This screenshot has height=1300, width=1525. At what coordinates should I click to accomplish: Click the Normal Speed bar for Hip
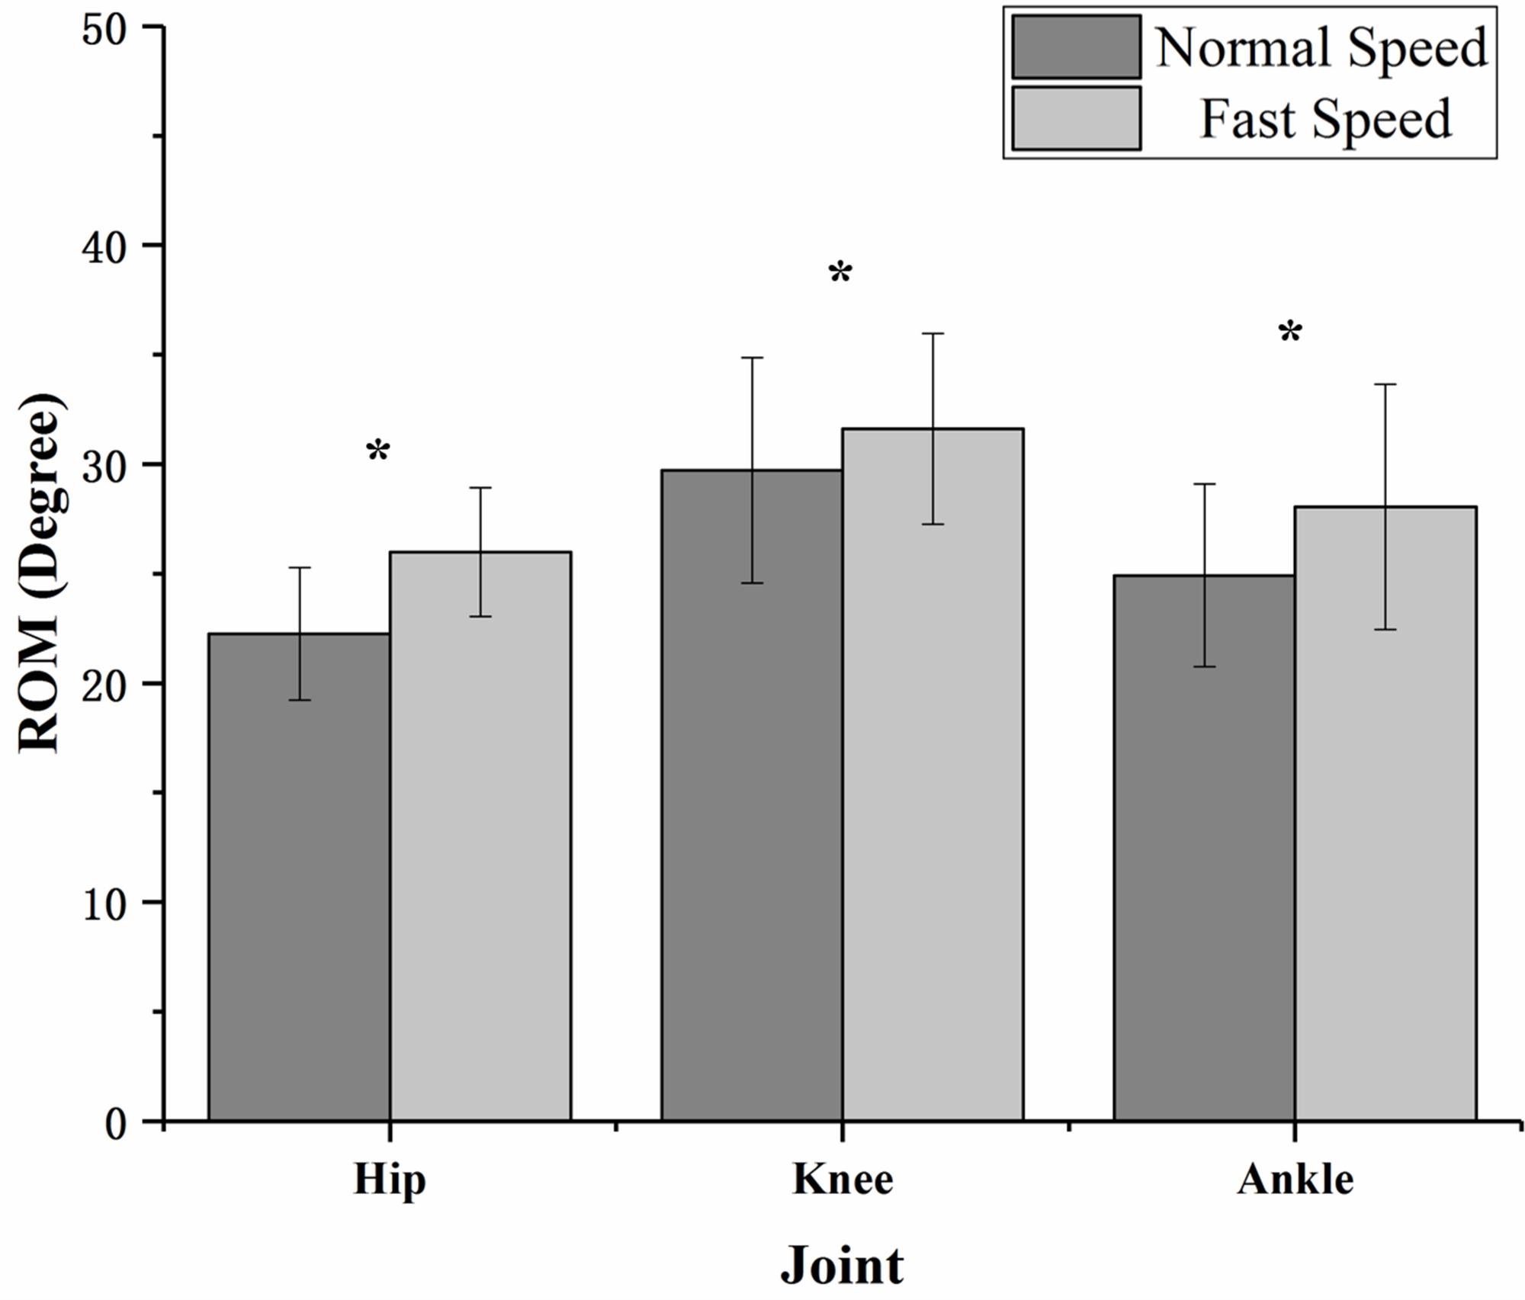(299, 877)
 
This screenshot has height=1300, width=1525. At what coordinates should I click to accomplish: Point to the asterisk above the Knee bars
(840, 273)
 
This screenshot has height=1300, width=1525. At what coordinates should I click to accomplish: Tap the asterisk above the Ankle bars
(1290, 333)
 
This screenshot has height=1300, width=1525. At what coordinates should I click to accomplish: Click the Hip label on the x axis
(390, 1180)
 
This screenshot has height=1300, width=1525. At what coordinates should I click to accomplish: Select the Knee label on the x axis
(843, 1180)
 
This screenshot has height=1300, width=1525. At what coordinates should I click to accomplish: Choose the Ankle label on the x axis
(1295, 1180)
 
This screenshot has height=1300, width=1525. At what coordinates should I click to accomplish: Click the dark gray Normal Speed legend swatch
(1076, 47)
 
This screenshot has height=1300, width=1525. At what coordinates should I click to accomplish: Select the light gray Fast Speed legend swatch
(1076, 118)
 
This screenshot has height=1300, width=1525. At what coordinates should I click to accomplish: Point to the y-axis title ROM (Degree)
(40, 573)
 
